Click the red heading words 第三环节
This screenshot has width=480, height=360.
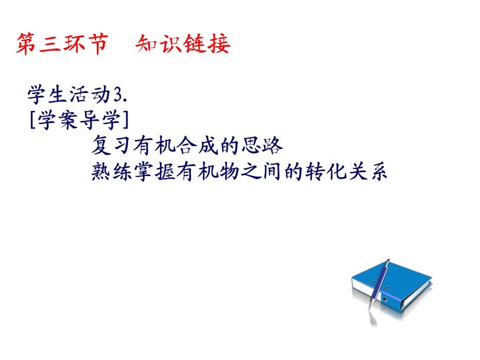[x=62, y=44]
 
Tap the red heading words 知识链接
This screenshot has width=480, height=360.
[x=183, y=44]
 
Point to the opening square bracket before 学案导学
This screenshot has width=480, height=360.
[x=33, y=120]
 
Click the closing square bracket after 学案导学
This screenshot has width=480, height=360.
[x=125, y=120]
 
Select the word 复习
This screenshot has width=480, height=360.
[x=111, y=145]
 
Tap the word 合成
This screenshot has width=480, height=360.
[x=197, y=145]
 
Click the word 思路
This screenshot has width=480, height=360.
[x=262, y=145]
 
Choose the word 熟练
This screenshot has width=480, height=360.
[x=111, y=171]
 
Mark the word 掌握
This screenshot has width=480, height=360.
[x=154, y=171]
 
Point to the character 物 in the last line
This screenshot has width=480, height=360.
[x=229, y=171]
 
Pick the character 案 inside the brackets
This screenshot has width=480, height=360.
[x=68, y=120]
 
